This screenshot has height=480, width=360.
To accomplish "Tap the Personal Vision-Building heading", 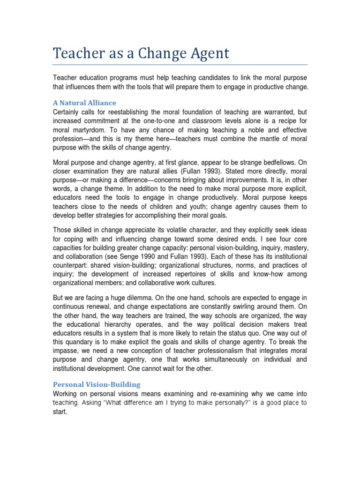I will pyautogui.click(x=96, y=384).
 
